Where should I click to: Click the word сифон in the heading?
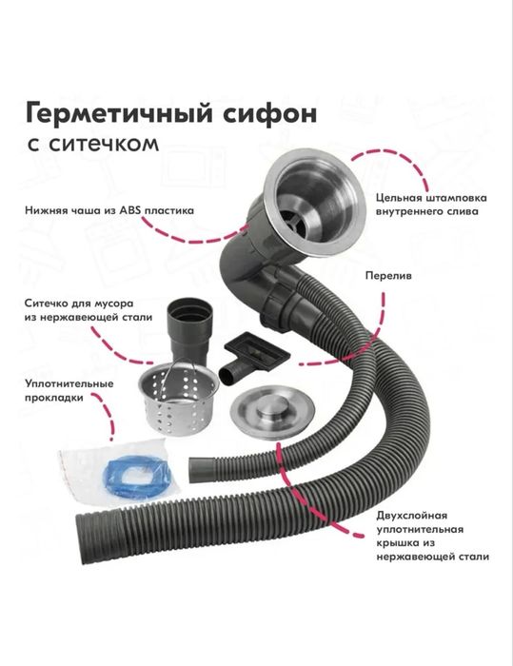point(268,113)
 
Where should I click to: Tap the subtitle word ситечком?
point(104,145)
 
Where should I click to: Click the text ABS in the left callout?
point(131,210)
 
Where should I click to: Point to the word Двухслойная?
point(411,516)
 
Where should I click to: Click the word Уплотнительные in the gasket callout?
point(69,384)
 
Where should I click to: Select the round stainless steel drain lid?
point(272,413)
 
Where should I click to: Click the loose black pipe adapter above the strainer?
point(190,330)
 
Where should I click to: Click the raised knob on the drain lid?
point(272,409)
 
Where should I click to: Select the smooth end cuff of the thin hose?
point(199,470)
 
